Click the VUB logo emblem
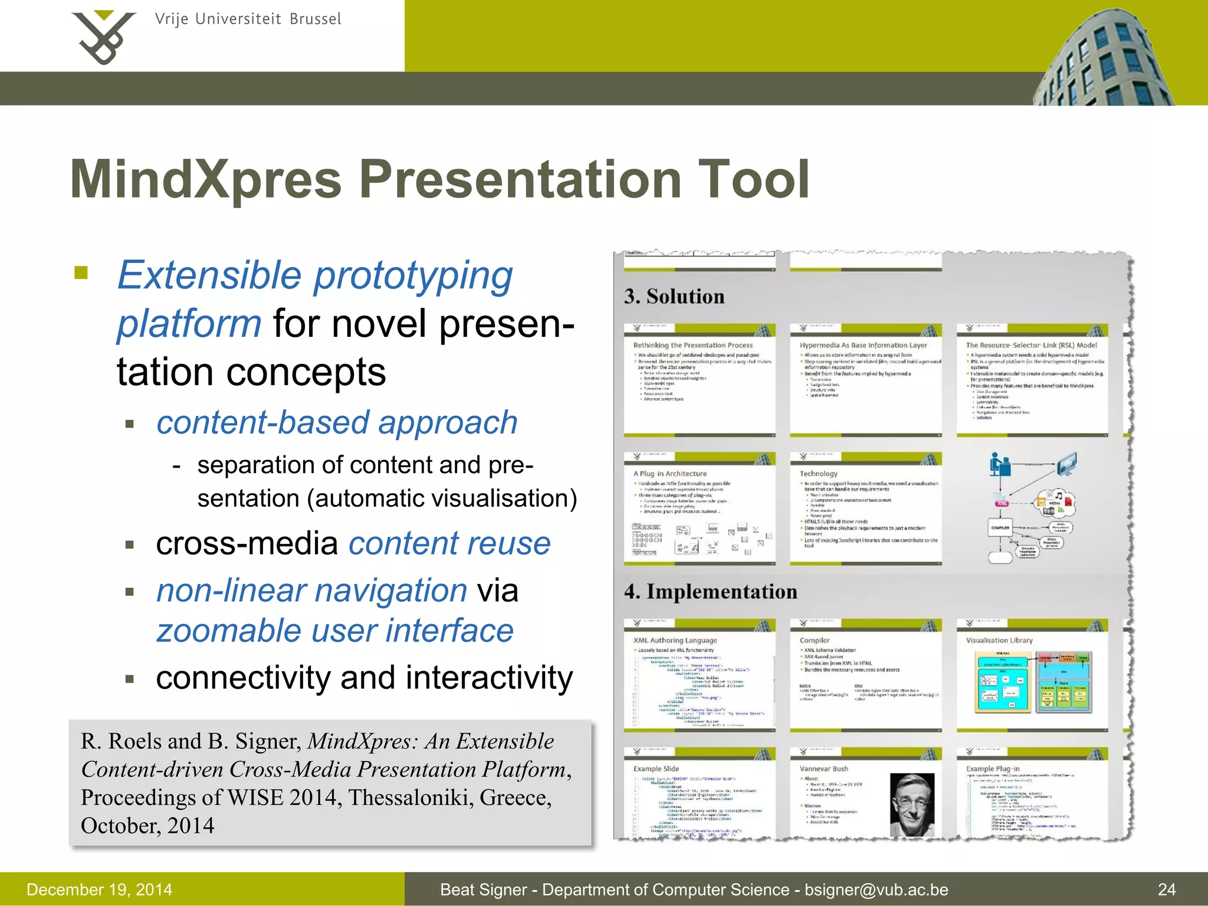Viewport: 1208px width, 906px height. [103, 37]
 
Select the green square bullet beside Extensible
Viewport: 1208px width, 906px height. [81, 273]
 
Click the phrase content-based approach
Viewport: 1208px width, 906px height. [337, 423]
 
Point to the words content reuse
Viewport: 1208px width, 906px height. [449, 543]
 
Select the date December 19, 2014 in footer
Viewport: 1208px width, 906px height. [99, 889]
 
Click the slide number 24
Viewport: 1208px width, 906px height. [1166, 889]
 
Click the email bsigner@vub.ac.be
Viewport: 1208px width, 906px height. [877, 889]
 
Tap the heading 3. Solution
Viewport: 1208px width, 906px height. [674, 296]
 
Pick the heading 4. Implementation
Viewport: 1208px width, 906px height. [710, 592]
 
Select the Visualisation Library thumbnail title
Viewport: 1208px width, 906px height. [999, 640]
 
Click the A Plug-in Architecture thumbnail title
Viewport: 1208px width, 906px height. [669, 473]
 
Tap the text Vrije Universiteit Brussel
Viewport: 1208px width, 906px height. [248, 19]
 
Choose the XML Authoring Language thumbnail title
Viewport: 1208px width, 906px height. [675, 640]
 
